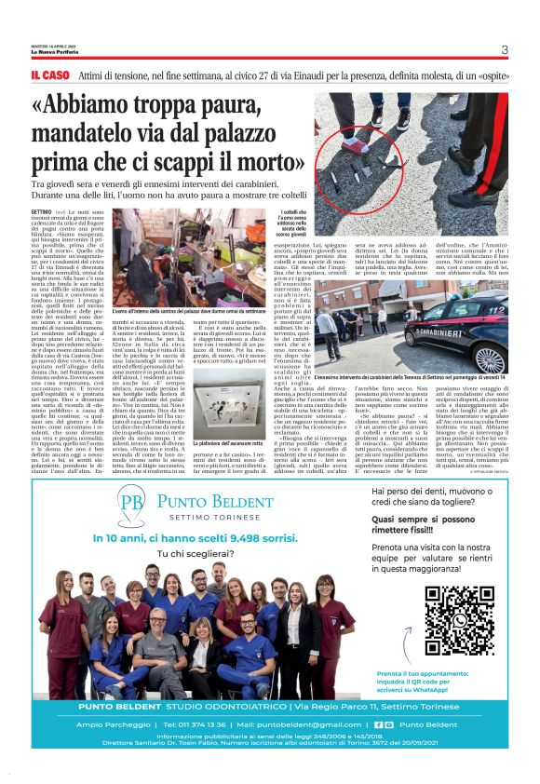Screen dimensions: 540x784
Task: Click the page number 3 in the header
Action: coord(504,50)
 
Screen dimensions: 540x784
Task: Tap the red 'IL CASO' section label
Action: coord(49,74)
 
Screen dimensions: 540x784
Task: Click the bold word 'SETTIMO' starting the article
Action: coord(42,213)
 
